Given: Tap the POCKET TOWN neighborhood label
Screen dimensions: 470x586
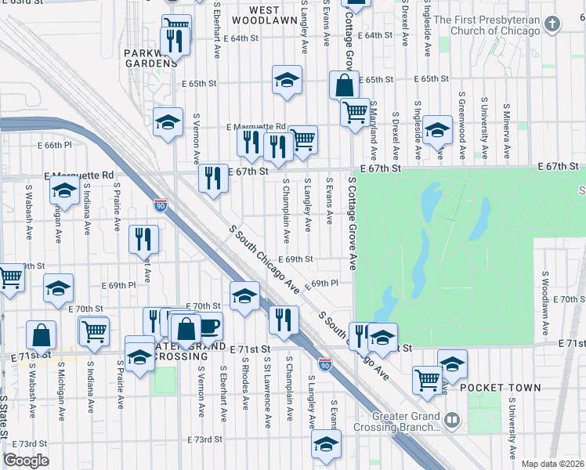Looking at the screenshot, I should tap(500, 388).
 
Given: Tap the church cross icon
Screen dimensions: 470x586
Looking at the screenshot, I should tap(552, 24).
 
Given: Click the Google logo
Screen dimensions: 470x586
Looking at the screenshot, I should tap(26, 461).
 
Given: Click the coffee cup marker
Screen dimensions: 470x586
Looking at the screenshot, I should tap(209, 325).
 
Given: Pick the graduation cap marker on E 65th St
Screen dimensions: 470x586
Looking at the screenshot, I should tap(288, 79).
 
